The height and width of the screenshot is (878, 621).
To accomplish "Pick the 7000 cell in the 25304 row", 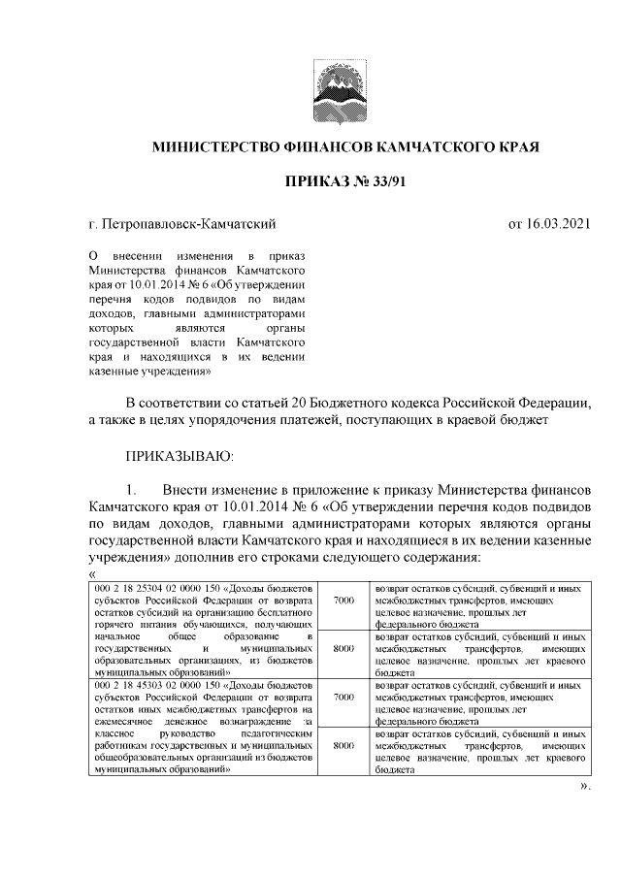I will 343,602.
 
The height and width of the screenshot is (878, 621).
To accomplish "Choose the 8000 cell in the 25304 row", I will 343,648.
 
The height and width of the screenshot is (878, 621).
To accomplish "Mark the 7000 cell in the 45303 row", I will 343,698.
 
